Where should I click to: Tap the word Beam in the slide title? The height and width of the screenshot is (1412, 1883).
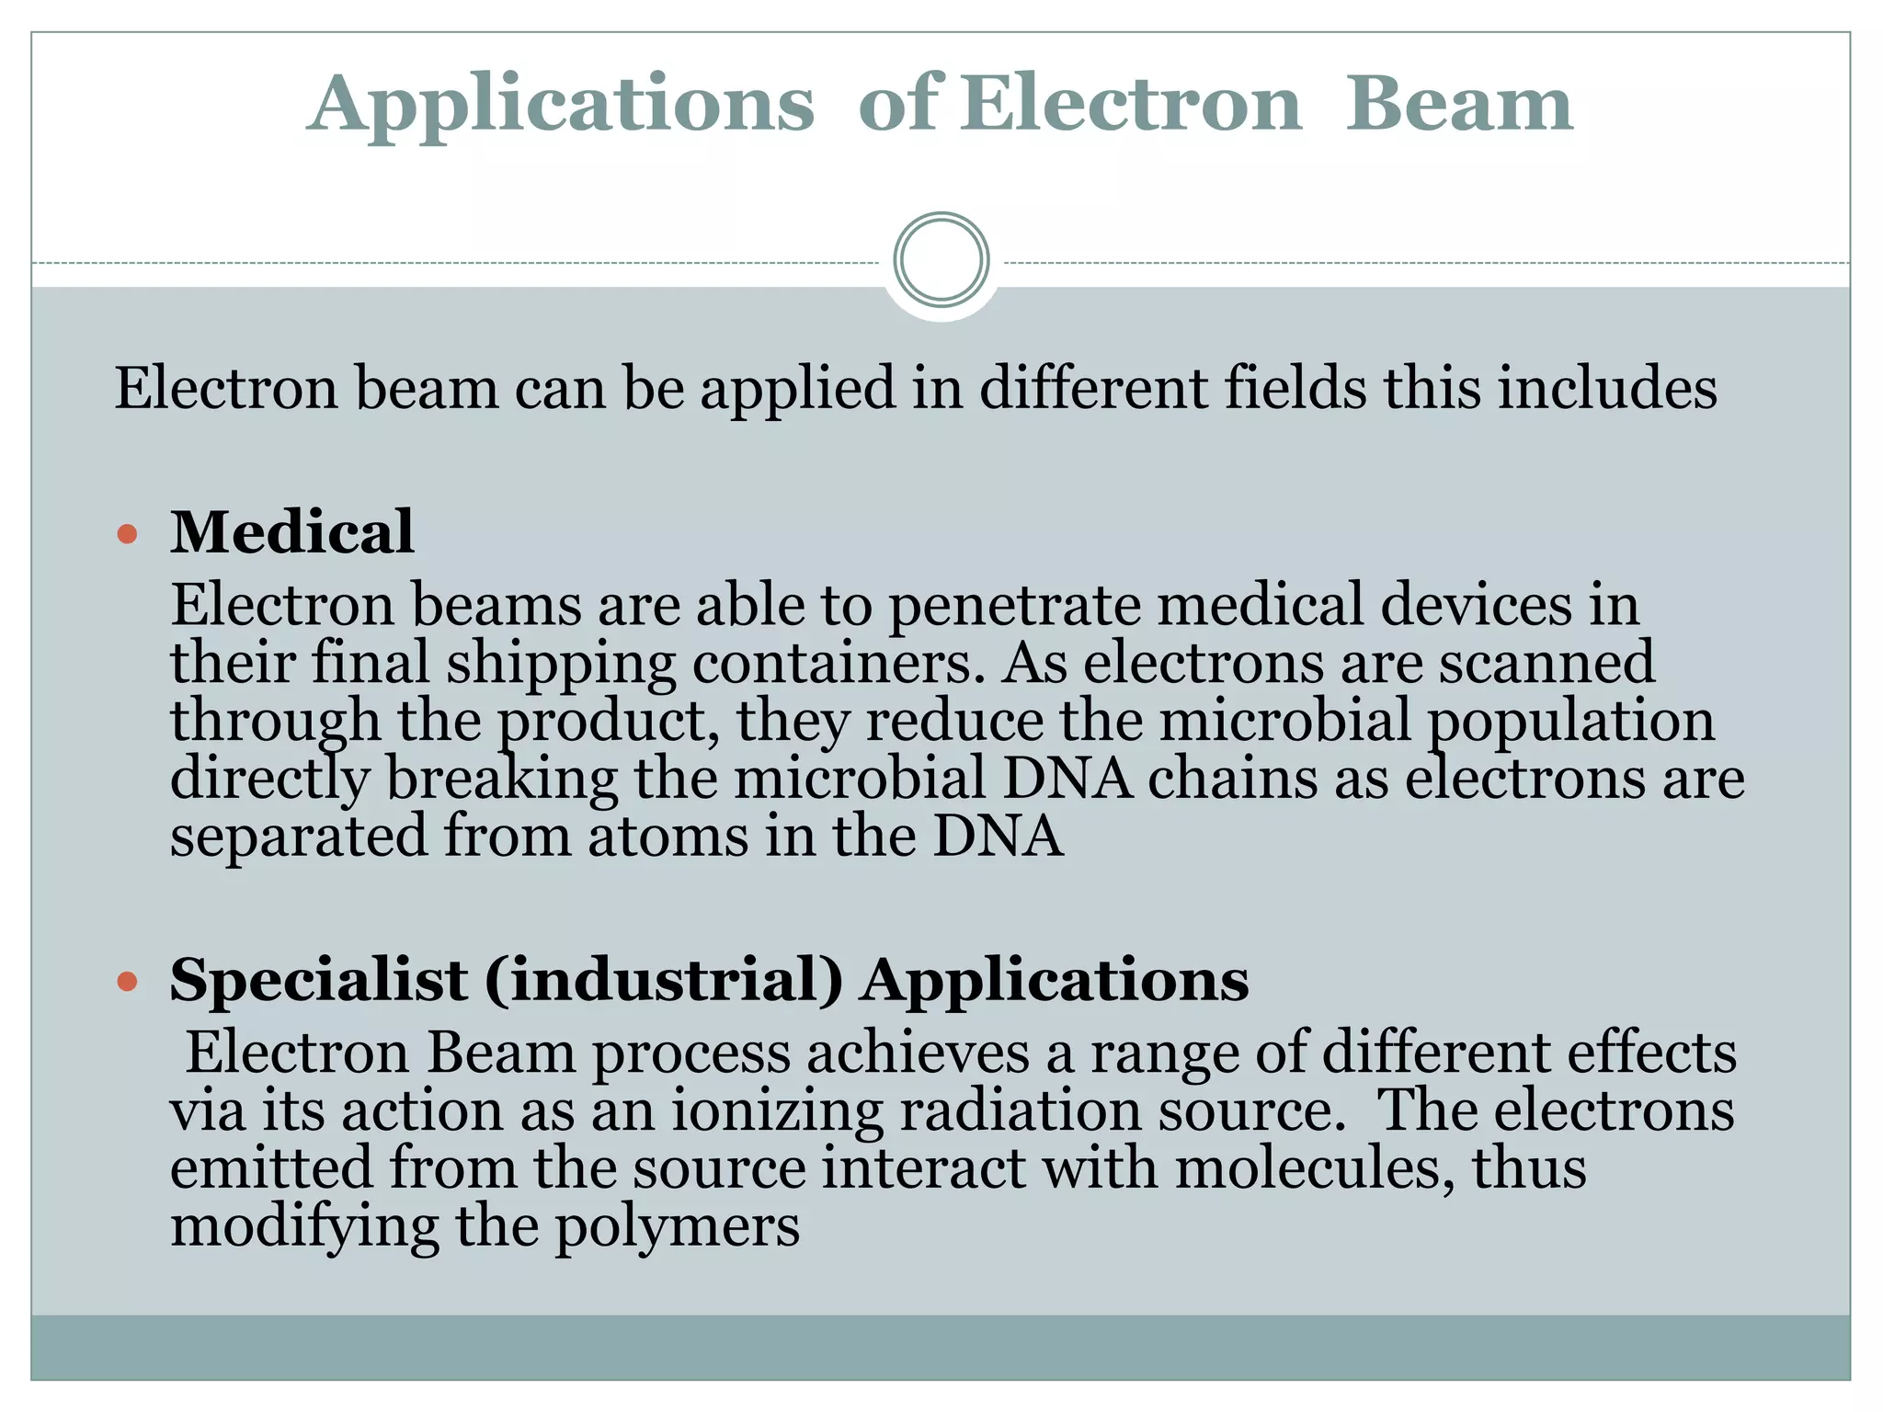coord(1459,103)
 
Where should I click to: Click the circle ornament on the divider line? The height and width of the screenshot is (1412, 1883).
coord(941,259)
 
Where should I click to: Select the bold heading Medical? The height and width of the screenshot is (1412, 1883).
coord(292,532)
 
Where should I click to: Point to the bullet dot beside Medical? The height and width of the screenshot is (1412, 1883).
coord(128,534)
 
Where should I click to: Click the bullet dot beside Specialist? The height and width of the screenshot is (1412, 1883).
coord(128,982)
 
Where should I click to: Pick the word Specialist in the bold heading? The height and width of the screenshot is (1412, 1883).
coord(318,980)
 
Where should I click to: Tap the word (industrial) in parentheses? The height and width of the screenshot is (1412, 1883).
coord(663,980)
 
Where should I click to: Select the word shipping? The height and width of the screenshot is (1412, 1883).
coord(561,666)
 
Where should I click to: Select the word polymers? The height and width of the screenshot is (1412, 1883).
coord(678,1227)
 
